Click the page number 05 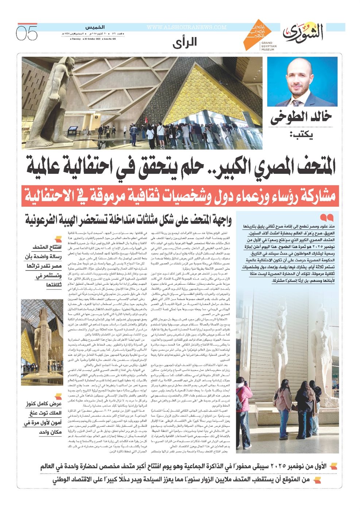(x=27, y=33)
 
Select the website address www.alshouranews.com (x=186, y=27)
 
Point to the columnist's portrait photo (x=302, y=81)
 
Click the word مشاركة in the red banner (x=314, y=197)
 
